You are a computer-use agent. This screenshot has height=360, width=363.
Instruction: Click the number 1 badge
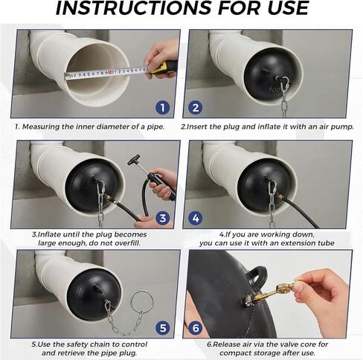pos(163,108)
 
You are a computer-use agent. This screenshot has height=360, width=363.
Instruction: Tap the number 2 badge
pos(196,108)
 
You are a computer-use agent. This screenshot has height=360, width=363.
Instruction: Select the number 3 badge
pos(163,218)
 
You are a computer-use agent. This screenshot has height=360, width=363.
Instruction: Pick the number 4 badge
pos(196,218)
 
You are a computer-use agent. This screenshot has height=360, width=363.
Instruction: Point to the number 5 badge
pos(163,328)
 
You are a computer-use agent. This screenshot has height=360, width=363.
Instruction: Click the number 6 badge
pos(196,328)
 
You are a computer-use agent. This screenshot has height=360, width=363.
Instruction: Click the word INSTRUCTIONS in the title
pos(133,8)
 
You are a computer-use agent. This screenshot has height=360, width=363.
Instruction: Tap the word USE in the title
pos(287,8)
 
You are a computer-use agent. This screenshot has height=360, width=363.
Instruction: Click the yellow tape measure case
pos(164,68)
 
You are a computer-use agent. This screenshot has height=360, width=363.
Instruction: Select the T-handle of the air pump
pos(134,160)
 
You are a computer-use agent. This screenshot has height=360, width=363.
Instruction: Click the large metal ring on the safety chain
pos(142,303)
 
